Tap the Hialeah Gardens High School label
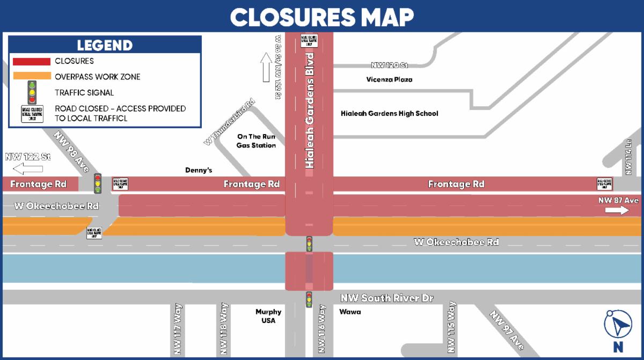[x=389, y=114]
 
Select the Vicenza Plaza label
[x=390, y=80]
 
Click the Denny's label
[x=199, y=170]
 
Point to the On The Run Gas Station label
[x=256, y=141]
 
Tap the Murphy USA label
[x=268, y=316]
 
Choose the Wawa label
[x=350, y=312]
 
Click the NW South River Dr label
[x=387, y=298]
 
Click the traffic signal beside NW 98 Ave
[x=98, y=183]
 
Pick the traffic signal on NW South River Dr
[x=309, y=299]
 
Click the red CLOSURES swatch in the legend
[x=32, y=62]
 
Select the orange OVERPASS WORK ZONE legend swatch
[x=32, y=77]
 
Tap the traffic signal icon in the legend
[x=32, y=92]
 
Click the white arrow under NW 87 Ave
[x=617, y=210]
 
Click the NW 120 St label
[x=390, y=65]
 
